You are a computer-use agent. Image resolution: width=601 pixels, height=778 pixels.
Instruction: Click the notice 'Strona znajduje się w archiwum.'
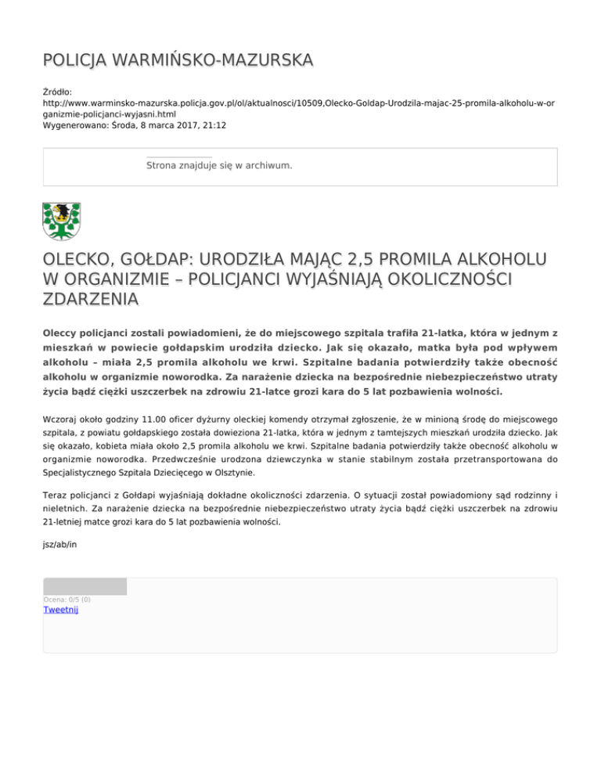tap(219, 166)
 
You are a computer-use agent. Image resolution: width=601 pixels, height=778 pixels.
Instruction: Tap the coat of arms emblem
tap(61, 222)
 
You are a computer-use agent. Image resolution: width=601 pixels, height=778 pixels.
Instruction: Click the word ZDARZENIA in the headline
tap(92, 299)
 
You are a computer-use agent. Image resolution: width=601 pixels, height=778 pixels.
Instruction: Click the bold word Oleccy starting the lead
tap(65, 333)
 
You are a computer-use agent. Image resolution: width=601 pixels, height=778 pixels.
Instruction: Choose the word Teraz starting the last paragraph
tap(57, 499)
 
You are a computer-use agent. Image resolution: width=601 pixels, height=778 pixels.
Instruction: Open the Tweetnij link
tap(61, 610)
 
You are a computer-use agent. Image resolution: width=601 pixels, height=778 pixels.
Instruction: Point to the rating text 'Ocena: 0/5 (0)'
tap(67, 600)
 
